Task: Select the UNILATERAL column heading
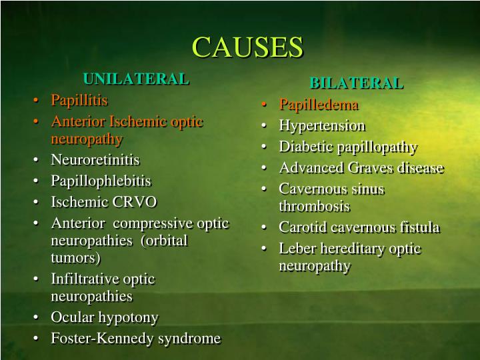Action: click(136, 79)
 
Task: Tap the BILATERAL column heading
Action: click(356, 83)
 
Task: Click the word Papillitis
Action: click(79, 100)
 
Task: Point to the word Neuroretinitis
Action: click(95, 160)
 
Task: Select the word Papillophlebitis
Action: click(101, 181)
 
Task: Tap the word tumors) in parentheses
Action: click(75, 257)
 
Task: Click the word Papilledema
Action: click(319, 105)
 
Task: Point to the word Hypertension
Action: click(322, 125)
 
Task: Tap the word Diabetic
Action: click(304, 147)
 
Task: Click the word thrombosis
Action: click(314, 206)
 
